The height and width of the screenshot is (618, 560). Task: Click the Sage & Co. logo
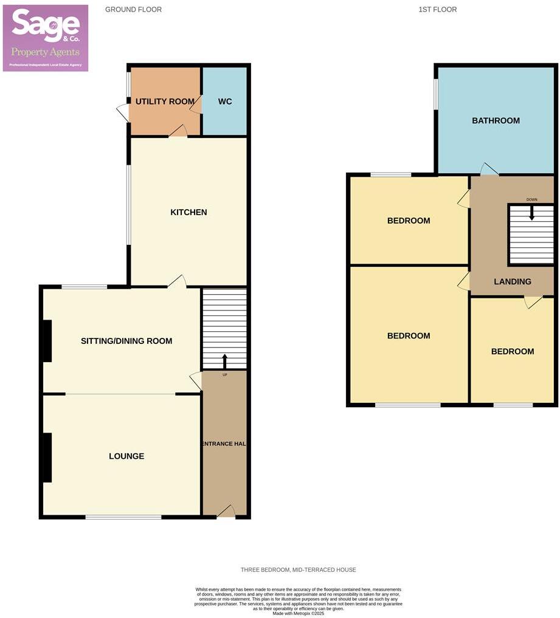[46, 38]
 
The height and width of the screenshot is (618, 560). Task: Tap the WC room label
[225, 101]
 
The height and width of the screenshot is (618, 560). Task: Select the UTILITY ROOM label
[165, 101]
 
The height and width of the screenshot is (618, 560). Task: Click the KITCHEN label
[188, 212]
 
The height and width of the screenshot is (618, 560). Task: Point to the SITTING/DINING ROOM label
[126, 341]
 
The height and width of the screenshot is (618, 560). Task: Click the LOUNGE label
[126, 456]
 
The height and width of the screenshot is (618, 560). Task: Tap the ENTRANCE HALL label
[224, 444]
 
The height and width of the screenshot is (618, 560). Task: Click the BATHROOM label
[496, 120]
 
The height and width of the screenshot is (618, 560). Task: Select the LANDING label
[513, 281]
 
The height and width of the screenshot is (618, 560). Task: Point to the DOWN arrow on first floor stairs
[532, 212]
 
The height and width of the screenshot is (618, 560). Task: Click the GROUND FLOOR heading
[133, 10]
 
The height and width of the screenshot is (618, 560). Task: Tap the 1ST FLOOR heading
[437, 10]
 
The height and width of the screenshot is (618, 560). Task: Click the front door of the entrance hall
[226, 512]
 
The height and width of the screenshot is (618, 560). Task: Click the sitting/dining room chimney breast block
[46, 340]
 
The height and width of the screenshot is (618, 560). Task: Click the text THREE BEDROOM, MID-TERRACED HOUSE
[298, 569]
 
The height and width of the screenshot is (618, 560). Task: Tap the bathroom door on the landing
[489, 170]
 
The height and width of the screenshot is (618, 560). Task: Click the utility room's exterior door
[123, 112]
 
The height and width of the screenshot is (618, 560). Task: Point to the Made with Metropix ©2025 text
[298, 613]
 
